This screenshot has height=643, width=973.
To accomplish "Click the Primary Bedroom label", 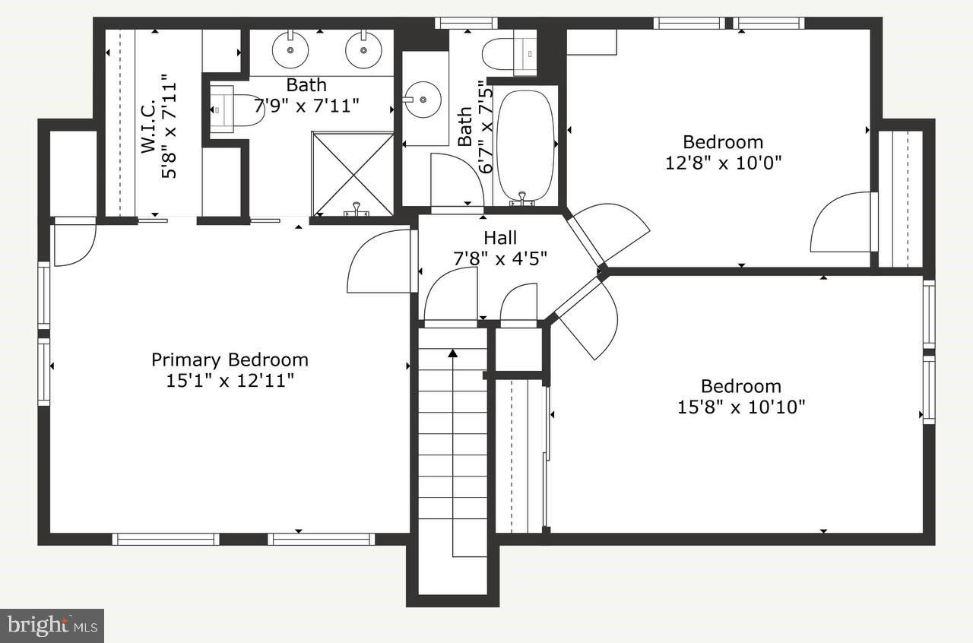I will click(x=230, y=360).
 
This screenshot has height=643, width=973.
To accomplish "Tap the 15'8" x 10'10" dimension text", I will click(x=741, y=407).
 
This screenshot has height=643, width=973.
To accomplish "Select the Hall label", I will click(x=500, y=239).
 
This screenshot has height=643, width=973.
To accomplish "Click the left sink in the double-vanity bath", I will click(x=290, y=50).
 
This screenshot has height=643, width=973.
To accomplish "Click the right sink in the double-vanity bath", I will click(x=363, y=50).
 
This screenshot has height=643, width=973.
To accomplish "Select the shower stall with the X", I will click(x=353, y=173).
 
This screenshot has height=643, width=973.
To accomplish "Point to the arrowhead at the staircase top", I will click(x=453, y=352).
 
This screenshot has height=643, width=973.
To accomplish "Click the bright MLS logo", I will click(x=52, y=626).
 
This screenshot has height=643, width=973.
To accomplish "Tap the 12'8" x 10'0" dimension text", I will click(x=723, y=163).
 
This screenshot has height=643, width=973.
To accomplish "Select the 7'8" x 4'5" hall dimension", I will click(x=500, y=259).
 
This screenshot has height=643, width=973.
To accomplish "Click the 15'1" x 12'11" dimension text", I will click(x=230, y=380).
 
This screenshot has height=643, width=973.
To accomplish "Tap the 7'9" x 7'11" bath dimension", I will click(x=306, y=105).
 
